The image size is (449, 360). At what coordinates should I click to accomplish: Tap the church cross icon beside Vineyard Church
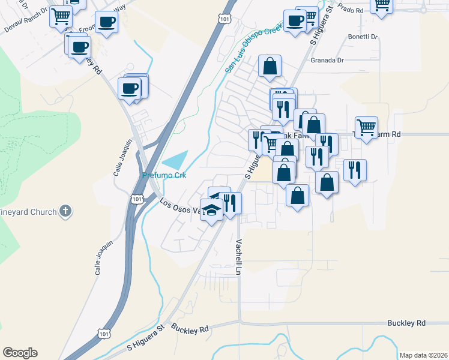tap(66, 211)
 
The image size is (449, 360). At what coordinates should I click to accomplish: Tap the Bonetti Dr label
tap(363, 37)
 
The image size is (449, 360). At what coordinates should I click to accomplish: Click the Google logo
tap(20, 352)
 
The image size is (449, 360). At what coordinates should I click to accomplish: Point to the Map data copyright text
tap(423, 355)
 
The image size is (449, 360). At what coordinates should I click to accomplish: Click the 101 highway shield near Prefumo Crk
tap(137, 198)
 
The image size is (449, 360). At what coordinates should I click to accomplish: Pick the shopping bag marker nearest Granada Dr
tap(270, 66)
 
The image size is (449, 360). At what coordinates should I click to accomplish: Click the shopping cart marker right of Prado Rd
tap(382, 5)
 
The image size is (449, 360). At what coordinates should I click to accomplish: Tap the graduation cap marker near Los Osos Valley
tap(211, 211)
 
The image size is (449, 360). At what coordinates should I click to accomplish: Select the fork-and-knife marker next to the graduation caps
tap(231, 203)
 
